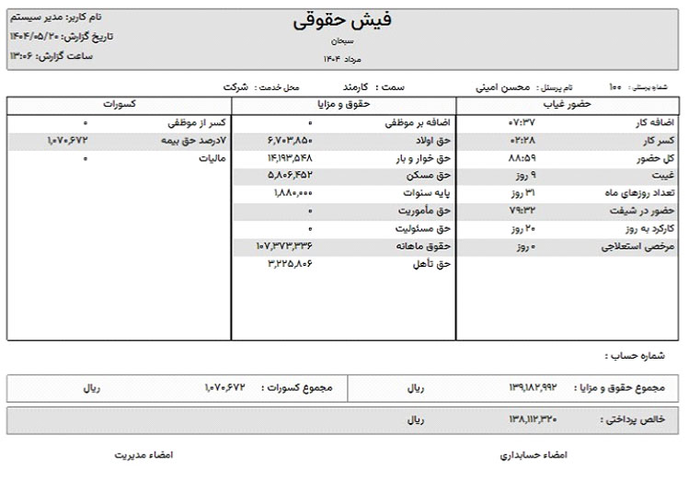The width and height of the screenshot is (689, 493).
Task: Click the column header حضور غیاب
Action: [570, 105]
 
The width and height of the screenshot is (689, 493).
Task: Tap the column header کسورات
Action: [120, 105]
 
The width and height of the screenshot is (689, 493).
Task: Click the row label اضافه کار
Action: [649, 122]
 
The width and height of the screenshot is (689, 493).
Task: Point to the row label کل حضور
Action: [654, 158]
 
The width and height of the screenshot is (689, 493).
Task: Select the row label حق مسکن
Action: [432, 175]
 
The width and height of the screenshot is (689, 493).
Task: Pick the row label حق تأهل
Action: [434, 264]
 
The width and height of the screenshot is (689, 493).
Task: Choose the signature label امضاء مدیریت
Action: [143, 455]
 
